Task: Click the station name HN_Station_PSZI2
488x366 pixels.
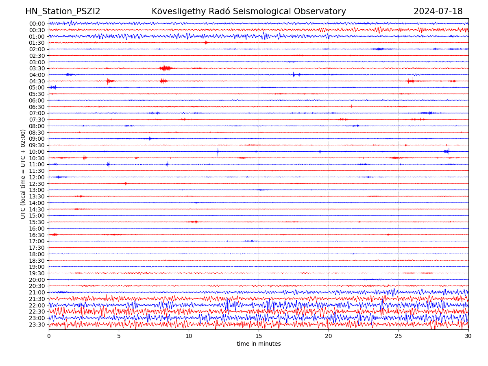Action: coord(63,12)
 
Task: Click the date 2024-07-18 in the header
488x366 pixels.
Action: coord(438,12)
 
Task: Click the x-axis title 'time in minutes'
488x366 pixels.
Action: coord(259,344)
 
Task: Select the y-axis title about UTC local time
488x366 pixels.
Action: coord(23,174)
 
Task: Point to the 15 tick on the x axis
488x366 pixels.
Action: coord(259,336)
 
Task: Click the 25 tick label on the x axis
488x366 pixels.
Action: coord(399,336)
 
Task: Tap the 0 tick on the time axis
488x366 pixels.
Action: coord(49,336)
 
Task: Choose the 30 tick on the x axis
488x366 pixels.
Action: coord(468,336)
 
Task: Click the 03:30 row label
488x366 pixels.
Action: coord(37,68)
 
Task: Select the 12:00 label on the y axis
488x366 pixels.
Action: coord(37,177)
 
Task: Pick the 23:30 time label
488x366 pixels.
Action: coord(37,325)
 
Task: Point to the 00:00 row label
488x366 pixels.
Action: coord(37,24)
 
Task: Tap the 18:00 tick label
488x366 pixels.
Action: coord(37,254)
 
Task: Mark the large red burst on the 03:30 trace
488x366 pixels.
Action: coord(166,68)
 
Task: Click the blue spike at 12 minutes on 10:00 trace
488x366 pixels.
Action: coord(218,152)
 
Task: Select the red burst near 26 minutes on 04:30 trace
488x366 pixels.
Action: coord(410,81)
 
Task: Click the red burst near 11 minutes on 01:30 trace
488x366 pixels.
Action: coord(206,43)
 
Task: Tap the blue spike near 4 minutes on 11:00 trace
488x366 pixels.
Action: coord(108,164)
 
